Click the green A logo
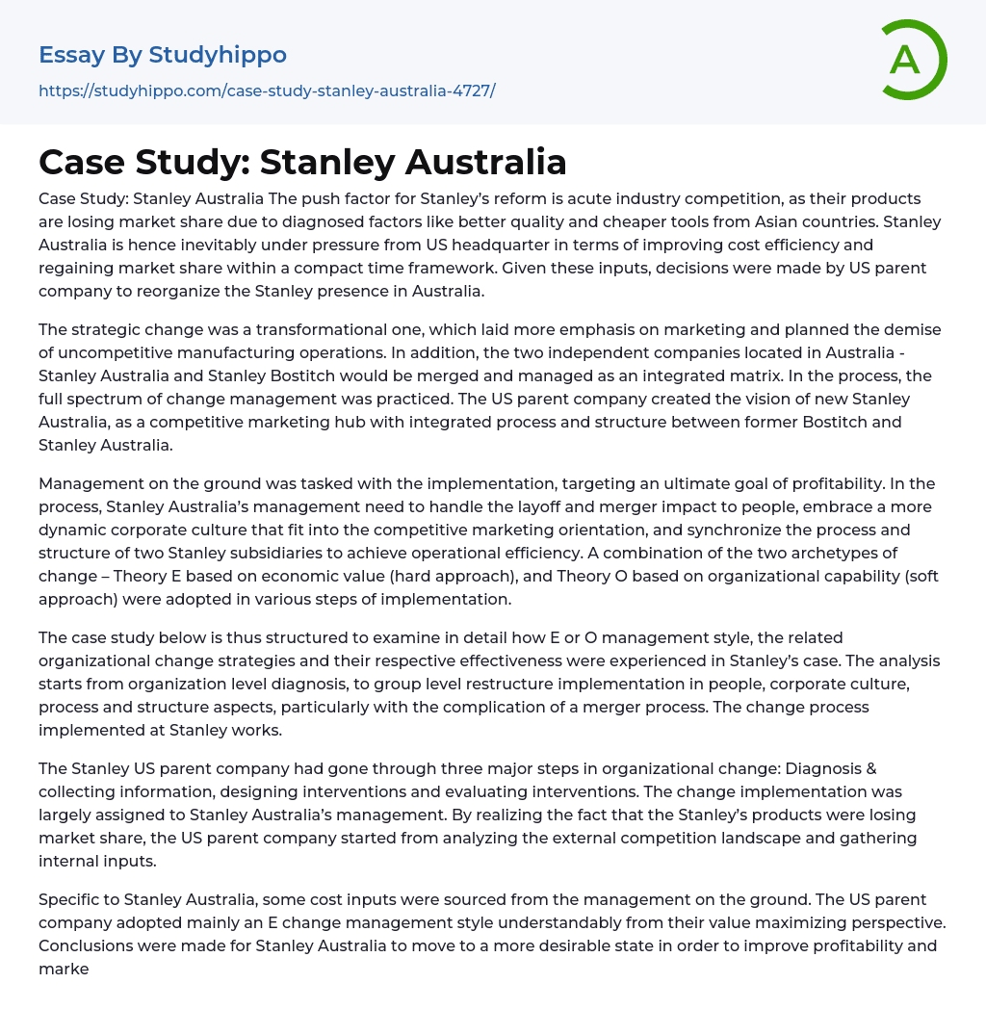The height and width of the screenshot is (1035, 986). (911, 60)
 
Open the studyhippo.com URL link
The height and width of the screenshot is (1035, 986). (267, 91)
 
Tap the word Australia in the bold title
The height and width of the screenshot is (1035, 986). (485, 162)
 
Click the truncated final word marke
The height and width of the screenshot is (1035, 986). (64, 969)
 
